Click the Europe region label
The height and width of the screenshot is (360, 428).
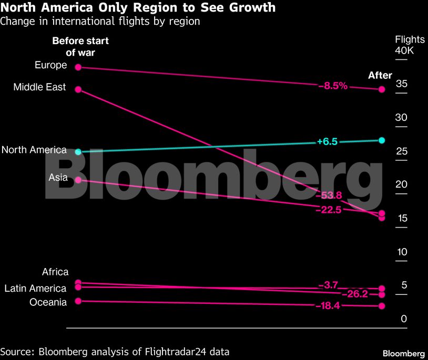coord(51,65)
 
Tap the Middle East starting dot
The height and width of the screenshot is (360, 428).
coord(78,89)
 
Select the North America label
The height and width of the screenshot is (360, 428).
coord(34,150)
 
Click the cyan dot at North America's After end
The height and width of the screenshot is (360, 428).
coord(382,140)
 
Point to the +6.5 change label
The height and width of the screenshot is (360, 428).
coord(327,141)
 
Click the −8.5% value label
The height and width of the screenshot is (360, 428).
coord(333,86)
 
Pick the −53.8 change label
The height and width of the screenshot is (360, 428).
coord(329,196)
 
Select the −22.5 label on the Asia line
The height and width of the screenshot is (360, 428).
coord(329,210)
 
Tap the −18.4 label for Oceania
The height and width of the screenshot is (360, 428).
coord(327,306)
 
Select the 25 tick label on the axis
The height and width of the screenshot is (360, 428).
coord(402,151)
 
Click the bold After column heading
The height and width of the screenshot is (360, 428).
coord(380,76)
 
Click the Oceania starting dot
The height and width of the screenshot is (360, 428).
coord(78,301)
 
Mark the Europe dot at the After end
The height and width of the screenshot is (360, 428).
coord(382,89)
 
